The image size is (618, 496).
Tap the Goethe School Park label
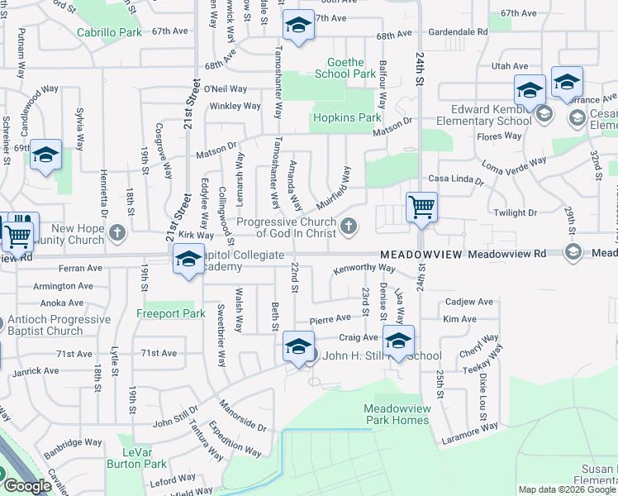tap(345, 67)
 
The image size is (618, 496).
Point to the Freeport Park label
tap(170, 314)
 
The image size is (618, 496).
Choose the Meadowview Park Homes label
tap(397, 414)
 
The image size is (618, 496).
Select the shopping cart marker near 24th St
tap(421, 206)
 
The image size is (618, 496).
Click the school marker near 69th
tap(46, 155)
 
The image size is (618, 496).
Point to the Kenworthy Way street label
tap(364, 269)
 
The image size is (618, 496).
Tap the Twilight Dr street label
tap(515, 212)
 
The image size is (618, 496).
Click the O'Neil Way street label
tap(226, 88)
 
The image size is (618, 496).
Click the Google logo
tap(27, 486)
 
